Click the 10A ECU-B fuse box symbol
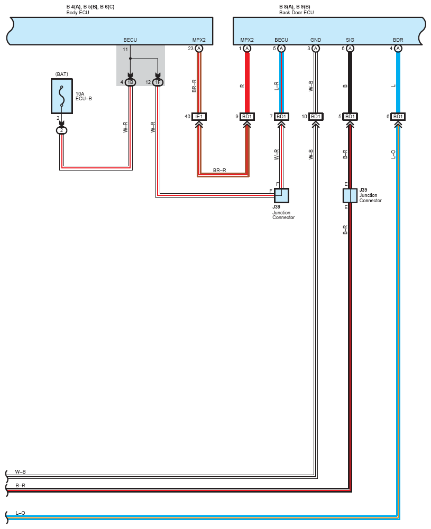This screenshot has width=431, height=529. (x=61, y=96)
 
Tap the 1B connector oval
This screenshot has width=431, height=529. (x=130, y=82)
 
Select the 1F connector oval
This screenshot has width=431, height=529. (x=158, y=82)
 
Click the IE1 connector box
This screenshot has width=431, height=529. (x=199, y=117)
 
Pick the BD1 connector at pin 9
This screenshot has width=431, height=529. (x=247, y=117)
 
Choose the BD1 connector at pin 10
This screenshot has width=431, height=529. (x=316, y=117)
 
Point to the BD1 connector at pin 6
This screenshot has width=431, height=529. (x=398, y=117)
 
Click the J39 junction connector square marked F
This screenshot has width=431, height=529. (x=281, y=195)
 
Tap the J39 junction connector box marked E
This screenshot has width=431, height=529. (x=350, y=195)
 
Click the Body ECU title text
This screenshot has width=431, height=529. (x=78, y=13)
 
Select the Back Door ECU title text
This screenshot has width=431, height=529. (x=297, y=13)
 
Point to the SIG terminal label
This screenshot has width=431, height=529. (x=350, y=40)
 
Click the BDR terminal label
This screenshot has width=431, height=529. (x=398, y=40)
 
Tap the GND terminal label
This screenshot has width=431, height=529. (x=316, y=40)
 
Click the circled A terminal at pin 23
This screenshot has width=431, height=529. (x=199, y=49)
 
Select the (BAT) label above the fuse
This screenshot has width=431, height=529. (x=61, y=74)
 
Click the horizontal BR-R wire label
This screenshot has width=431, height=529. (x=219, y=171)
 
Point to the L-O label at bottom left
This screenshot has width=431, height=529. (x=20, y=513)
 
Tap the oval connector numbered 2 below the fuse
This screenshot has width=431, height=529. (x=61, y=130)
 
